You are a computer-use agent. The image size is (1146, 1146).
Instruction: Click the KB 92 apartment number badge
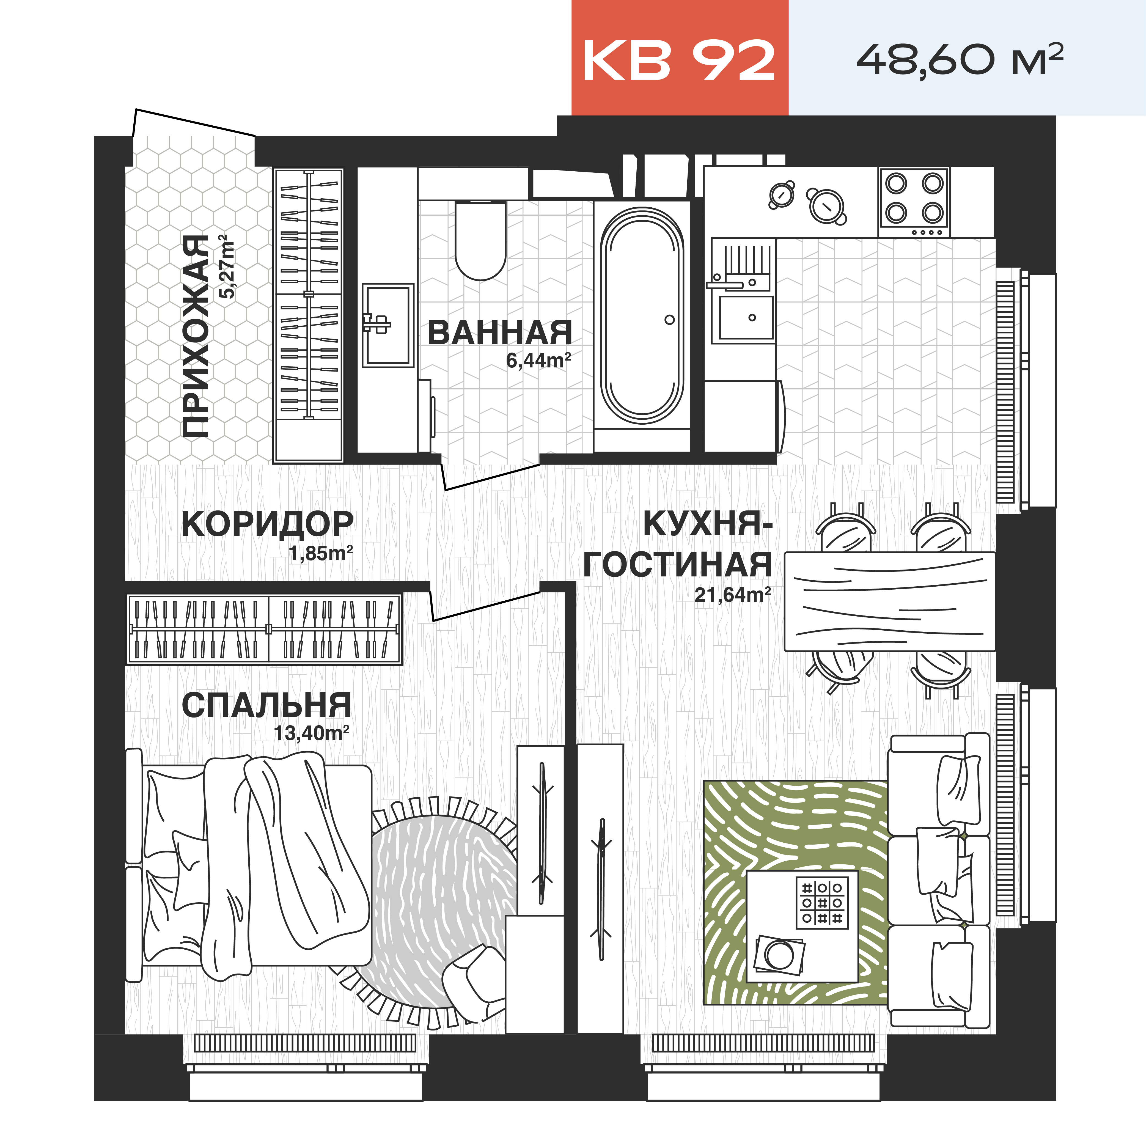679,59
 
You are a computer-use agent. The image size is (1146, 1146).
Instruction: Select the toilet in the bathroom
480,240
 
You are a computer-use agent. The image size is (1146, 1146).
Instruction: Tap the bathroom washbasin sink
387,325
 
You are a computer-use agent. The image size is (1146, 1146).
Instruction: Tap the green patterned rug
730,842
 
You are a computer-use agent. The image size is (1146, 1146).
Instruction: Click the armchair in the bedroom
474,985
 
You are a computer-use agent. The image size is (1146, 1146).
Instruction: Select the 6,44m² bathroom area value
538,360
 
